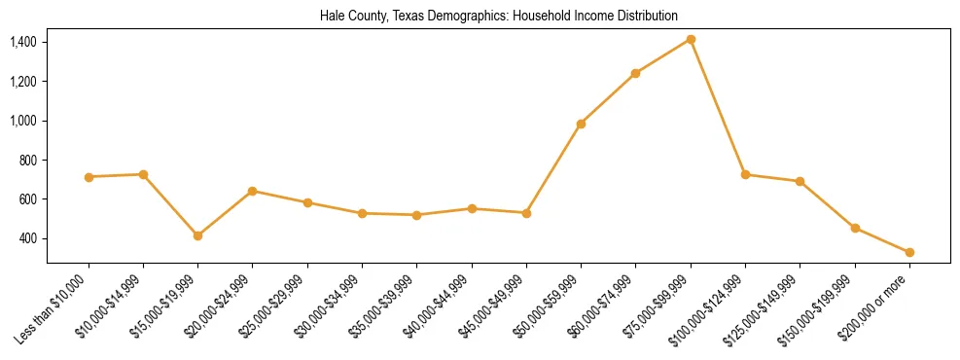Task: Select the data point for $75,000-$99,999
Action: click(x=691, y=39)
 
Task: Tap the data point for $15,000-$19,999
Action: click(x=197, y=235)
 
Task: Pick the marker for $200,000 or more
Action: click(x=909, y=252)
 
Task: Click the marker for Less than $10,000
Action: click(x=89, y=177)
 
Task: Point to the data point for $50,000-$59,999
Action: click(x=581, y=124)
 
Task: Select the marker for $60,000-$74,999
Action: click(x=635, y=73)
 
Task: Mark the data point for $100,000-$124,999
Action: click(x=745, y=174)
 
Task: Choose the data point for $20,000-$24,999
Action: click(x=252, y=191)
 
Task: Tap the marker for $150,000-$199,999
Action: click(x=855, y=228)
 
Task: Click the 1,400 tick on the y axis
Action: click(x=23, y=42)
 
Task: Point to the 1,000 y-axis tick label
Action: click(x=23, y=121)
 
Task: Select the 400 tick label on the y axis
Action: click(x=28, y=238)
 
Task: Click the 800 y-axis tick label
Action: click(x=28, y=160)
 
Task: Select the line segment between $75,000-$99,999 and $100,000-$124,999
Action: click(x=718, y=107)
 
